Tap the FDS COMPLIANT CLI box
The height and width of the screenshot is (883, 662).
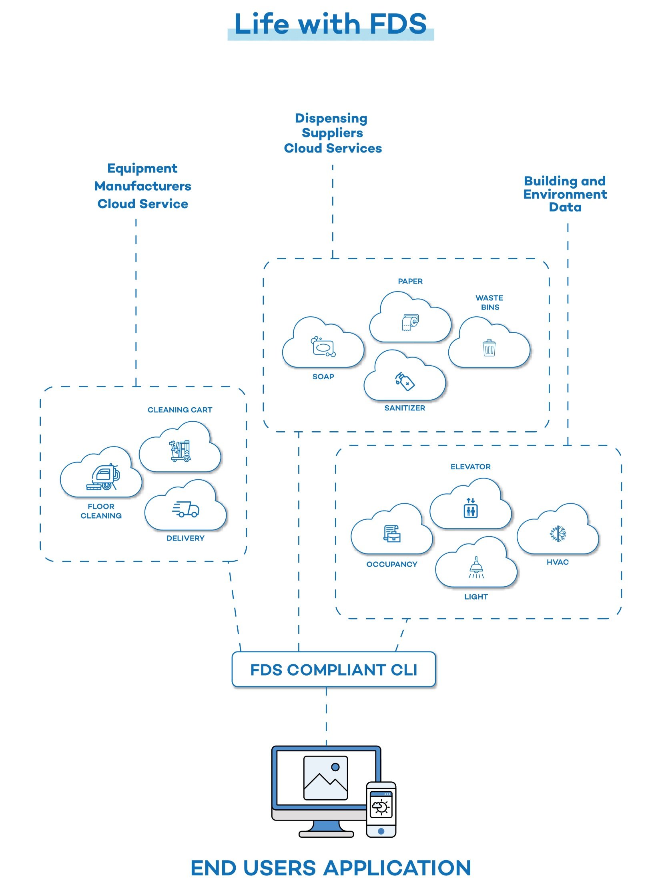333,670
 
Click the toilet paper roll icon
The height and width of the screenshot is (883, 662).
410,322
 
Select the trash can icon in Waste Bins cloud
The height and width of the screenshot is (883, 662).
489,348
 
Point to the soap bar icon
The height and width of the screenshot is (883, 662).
323,346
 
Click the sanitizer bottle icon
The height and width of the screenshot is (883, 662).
405,381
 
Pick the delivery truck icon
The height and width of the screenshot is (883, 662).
186,509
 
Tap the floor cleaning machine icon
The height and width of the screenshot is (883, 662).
104,477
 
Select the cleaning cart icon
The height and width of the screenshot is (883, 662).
180,451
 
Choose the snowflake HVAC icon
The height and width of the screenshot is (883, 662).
558,534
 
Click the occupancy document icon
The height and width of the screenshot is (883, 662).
392,533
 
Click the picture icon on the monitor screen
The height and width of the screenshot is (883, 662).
325,778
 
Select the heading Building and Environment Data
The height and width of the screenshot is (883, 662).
565,194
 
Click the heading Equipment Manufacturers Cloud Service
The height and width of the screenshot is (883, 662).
142,186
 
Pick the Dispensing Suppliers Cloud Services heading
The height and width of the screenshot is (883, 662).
332,133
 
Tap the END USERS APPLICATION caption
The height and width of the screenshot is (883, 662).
331,868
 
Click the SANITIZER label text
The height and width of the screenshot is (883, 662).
405,408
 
